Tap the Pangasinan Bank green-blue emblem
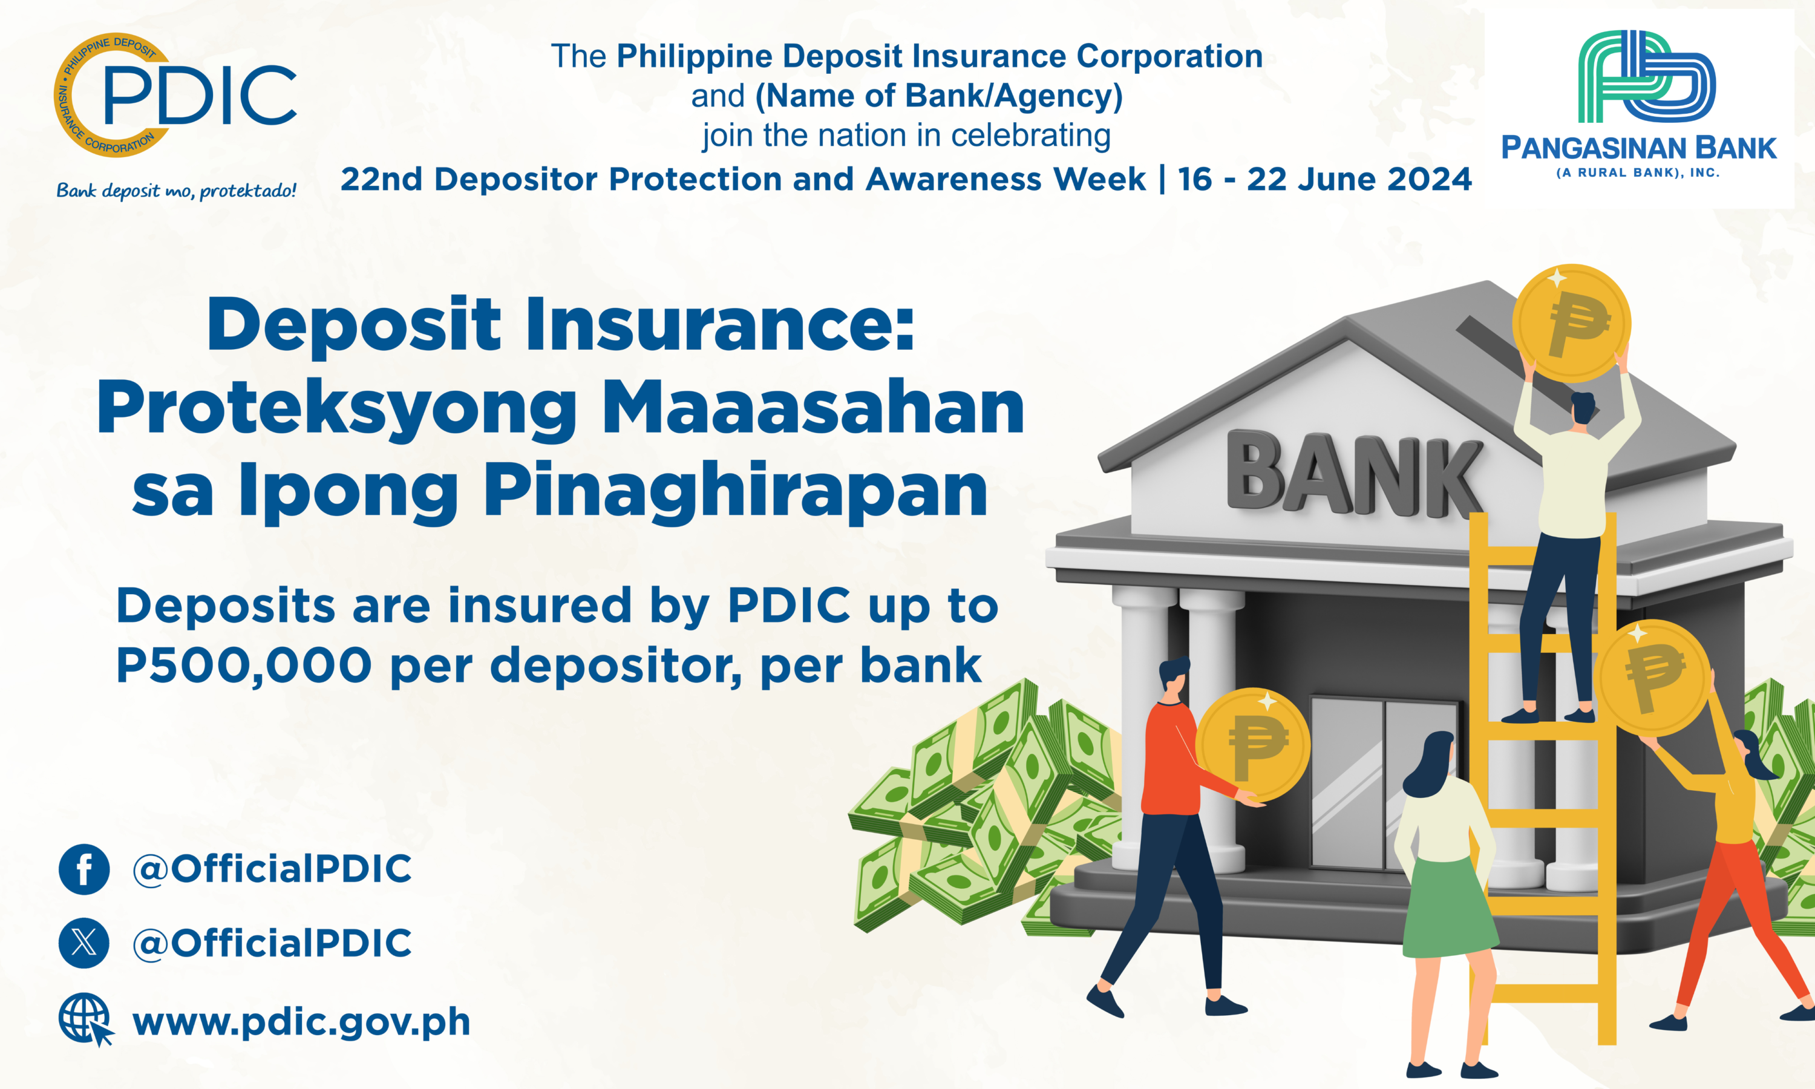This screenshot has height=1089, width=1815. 1646,76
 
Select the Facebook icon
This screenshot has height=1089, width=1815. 84,869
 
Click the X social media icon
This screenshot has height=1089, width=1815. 84,943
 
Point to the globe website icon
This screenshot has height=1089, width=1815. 86,1019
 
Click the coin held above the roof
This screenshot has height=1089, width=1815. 1571,323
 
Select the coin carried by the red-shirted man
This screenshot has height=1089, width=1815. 1253,745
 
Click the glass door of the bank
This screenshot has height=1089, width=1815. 1383,783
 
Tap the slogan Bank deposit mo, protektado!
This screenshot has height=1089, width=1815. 177,191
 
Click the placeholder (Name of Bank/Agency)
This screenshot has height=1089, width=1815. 939,96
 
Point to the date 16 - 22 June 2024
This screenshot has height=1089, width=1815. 1325,179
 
